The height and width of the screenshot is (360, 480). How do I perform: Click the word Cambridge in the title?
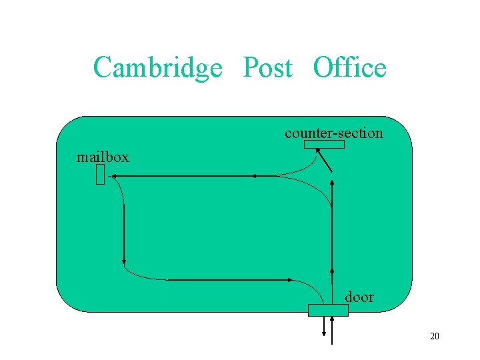point(157,68)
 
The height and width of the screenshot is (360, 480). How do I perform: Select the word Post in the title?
point(267,68)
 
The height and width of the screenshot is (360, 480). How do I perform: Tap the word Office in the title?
point(349,68)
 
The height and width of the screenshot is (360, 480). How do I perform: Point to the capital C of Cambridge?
point(102,68)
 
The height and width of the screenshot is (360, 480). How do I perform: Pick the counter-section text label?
point(333,133)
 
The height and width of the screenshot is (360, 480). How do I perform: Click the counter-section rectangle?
point(324,144)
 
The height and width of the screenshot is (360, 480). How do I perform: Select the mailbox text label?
point(103,157)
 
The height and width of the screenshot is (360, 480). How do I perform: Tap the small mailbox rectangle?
point(100,175)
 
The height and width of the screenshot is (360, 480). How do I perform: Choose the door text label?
point(359,297)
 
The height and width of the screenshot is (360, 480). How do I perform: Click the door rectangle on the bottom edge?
point(327,309)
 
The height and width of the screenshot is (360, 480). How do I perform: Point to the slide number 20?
point(435,336)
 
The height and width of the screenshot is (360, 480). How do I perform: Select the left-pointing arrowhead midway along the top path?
point(253,176)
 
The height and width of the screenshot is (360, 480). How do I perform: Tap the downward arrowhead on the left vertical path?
point(124,261)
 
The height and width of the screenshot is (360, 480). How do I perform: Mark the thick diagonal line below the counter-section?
point(325,162)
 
